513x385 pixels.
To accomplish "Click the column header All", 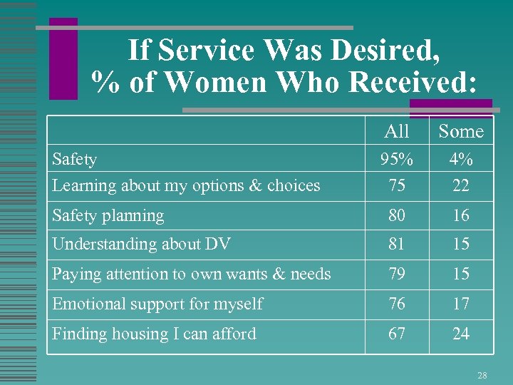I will pyautogui.click(x=396, y=131).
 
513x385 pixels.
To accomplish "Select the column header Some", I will pyautogui.click(x=460, y=131).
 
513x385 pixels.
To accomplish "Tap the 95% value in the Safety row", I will pyautogui.click(x=397, y=159).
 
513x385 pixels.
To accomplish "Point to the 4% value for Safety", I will pyautogui.click(x=461, y=159).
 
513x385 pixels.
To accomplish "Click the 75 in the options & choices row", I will pyautogui.click(x=397, y=185).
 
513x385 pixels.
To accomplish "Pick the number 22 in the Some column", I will pyautogui.click(x=461, y=185).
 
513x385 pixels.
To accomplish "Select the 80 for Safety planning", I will pyautogui.click(x=397, y=215).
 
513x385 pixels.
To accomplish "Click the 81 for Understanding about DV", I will pyautogui.click(x=397, y=244).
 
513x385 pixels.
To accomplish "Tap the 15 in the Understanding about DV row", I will pyautogui.click(x=461, y=244).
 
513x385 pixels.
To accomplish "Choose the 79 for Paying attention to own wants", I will pyautogui.click(x=397, y=274).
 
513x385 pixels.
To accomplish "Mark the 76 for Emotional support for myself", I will pyautogui.click(x=397, y=304).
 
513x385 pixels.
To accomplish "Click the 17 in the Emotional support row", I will pyautogui.click(x=461, y=304).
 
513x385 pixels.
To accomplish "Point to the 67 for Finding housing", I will pyautogui.click(x=397, y=334).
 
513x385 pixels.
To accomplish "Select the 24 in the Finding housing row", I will pyautogui.click(x=461, y=334).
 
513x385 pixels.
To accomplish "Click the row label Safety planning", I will pyautogui.click(x=108, y=215).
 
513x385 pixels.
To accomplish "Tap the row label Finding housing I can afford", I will pyautogui.click(x=154, y=334).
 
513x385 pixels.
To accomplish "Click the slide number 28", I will pyautogui.click(x=482, y=374).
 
